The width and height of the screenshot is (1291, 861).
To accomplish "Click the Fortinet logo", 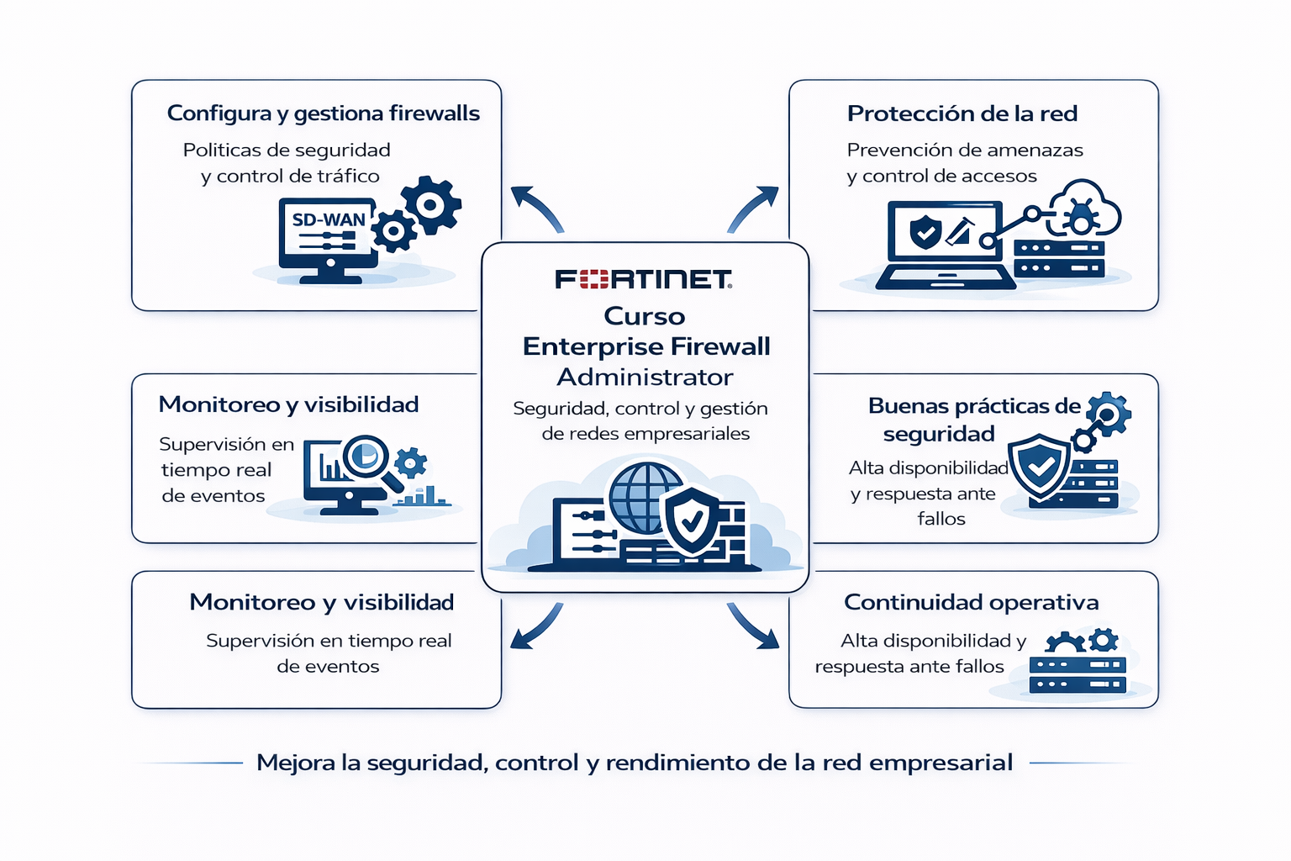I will [643, 279].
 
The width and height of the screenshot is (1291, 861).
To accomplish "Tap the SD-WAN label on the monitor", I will [329, 220].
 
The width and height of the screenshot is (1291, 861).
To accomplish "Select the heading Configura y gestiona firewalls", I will [323, 114].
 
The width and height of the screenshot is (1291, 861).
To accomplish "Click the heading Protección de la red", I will [962, 114].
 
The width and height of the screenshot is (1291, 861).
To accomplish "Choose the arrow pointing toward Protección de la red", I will [753, 208].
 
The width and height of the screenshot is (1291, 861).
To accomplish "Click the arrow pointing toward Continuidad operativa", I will [752, 626].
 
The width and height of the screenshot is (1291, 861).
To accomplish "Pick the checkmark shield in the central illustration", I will [692, 521].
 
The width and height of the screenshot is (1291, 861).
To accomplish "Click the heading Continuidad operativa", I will [971, 602].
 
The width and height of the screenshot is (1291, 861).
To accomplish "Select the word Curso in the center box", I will [645, 316].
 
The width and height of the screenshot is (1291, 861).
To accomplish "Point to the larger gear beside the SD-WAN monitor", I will [431, 204].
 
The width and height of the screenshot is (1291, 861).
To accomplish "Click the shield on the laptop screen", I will [925, 230].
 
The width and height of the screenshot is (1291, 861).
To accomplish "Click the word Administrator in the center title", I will [645, 377].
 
